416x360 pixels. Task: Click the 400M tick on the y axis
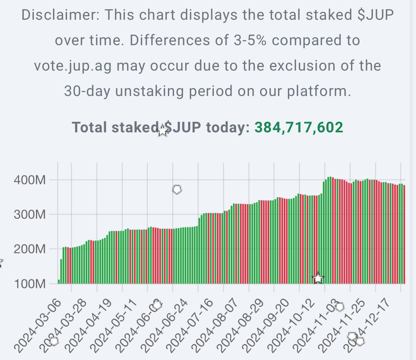pyautogui.click(x=30, y=180)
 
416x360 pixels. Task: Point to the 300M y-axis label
pyautogui.click(x=30, y=215)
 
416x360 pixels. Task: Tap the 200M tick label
pyautogui.click(x=30, y=249)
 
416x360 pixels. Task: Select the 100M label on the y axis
pyautogui.click(x=30, y=284)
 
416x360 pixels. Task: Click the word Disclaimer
pyautogui.click(x=60, y=15)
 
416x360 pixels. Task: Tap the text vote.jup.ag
pyautogui.click(x=73, y=66)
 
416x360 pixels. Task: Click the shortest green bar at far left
pyautogui.click(x=59, y=281)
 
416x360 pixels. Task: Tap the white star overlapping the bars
pyautogui.click(x=318, y=278)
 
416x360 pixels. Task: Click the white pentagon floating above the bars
pyautogui.click(x=177, y=190)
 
